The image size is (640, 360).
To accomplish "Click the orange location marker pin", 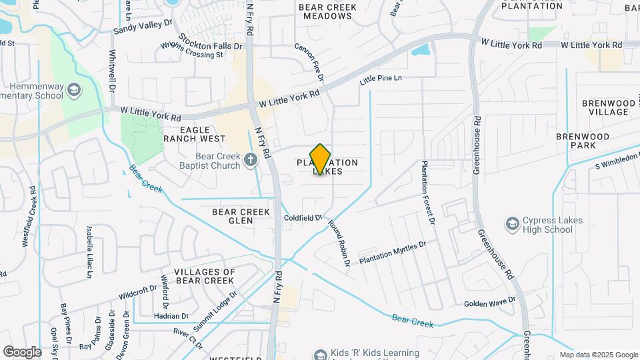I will [x=321, y=159].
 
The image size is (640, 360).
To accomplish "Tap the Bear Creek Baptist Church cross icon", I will [x=251, y=159].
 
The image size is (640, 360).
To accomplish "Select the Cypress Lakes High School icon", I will [x=513, y=223].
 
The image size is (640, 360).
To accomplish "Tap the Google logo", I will [x=22, y=351].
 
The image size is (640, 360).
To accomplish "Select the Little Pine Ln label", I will [x=381, y=79].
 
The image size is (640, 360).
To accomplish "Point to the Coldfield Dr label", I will [x=303, y=217].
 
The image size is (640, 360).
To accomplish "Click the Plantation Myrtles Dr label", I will [x=392, y=253].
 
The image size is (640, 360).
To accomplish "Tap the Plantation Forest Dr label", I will [x=427, y=192].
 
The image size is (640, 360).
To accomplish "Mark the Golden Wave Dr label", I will [x=490, y=302].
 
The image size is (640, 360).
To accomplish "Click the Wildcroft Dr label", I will [x=137, y=291].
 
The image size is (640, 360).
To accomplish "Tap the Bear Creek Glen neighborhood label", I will [x=241, y=216].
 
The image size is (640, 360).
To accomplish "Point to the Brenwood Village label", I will [x=605, y=107].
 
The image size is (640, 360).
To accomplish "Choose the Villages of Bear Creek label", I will [x=205, y=276].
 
